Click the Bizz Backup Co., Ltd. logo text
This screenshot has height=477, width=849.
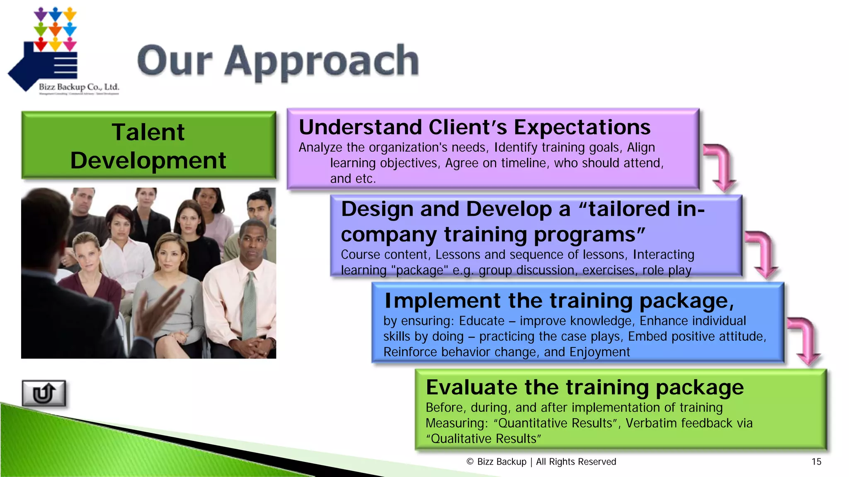click(x=79, y=87)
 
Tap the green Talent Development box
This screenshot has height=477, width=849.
click(x=148, y=146)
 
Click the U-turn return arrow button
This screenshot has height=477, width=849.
click(x=44, y=393)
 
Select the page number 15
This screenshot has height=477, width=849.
click(x=816, y=462)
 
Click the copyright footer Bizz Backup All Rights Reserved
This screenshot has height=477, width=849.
click(x=541, y=462)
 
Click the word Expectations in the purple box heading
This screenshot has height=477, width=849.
click(x=582, y=128)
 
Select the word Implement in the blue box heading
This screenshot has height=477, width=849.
click(x=442, y=301)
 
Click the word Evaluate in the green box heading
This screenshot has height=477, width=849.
click(x=471, y=388)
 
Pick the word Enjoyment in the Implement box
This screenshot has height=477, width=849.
click(x=599, y=352)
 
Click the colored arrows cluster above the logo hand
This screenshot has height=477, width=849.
click(x=55, y=29)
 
